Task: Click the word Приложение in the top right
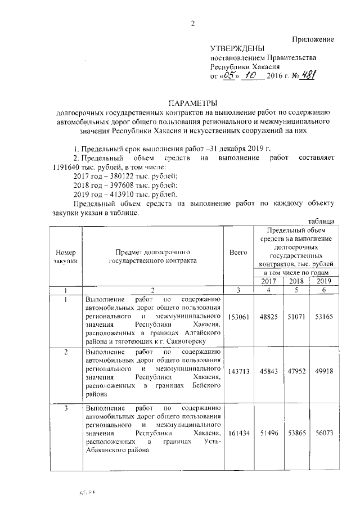[x=313, y=39]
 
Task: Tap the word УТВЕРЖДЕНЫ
[x=236, y=49]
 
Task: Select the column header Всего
[x=238, y=254]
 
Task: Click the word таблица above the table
[x=321, y=221]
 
